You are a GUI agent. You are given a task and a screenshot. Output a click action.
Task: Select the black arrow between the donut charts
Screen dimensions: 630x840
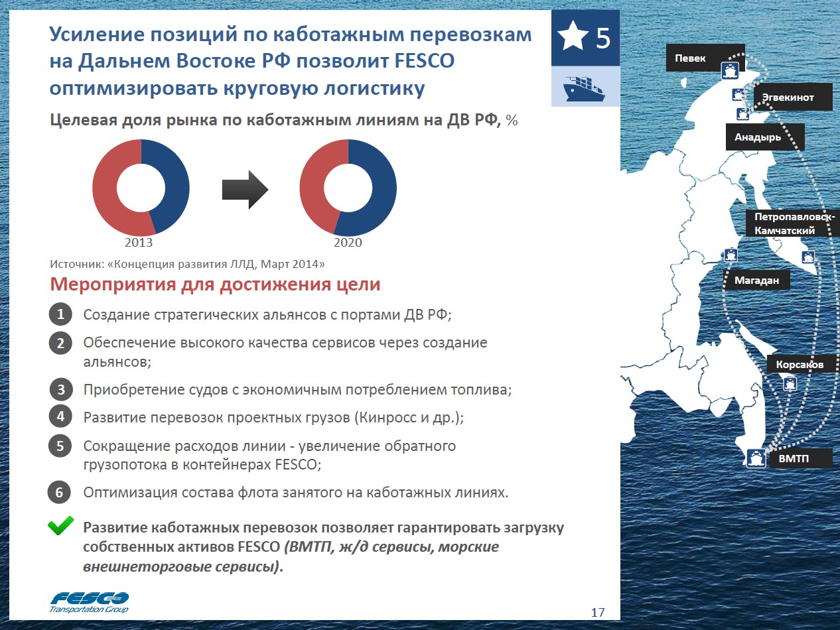[244, 190]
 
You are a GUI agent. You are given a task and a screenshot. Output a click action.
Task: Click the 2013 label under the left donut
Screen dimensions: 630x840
[139, 242]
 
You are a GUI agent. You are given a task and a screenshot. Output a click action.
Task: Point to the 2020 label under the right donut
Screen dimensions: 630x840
[348, 242]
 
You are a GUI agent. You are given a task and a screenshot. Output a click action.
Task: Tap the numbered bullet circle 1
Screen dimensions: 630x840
[60, 314]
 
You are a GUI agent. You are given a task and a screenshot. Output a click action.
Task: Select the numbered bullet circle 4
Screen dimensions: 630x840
[60, 416]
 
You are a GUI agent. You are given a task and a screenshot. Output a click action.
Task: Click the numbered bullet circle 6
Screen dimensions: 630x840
[60, 493]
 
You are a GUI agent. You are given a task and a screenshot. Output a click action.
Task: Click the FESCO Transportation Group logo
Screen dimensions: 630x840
[90, 601]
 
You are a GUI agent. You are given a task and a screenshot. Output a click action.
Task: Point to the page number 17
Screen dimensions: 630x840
[597, 611]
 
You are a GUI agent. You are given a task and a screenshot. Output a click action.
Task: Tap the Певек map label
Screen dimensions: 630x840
[690, 58]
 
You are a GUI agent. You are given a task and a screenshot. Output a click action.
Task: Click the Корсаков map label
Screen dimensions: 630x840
[800, 365]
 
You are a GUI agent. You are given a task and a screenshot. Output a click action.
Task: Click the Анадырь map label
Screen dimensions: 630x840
[758, 138]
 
